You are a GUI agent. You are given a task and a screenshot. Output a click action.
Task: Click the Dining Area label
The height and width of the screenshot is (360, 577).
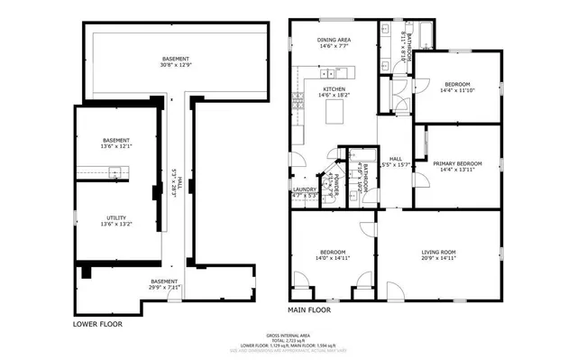tap(334, 41)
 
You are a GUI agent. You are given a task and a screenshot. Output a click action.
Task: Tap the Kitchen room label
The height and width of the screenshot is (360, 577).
tap(334, 89)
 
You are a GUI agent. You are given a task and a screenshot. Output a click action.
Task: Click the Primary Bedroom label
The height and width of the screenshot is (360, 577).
tap(457, 163)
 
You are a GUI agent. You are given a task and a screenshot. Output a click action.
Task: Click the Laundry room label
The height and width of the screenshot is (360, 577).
tap(304, 189)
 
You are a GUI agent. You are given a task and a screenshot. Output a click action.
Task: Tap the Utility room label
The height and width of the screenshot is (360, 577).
tap(115, 214)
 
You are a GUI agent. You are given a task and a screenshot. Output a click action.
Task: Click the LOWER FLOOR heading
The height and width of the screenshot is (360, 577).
tap(97, 323)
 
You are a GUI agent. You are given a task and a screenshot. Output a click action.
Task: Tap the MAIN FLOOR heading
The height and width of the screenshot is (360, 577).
tap(309, 309)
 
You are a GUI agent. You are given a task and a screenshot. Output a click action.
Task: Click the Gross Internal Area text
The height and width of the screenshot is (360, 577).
tap(288, 333)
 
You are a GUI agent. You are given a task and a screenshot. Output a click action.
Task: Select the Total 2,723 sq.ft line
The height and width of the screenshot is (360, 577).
tap(288, 338)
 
